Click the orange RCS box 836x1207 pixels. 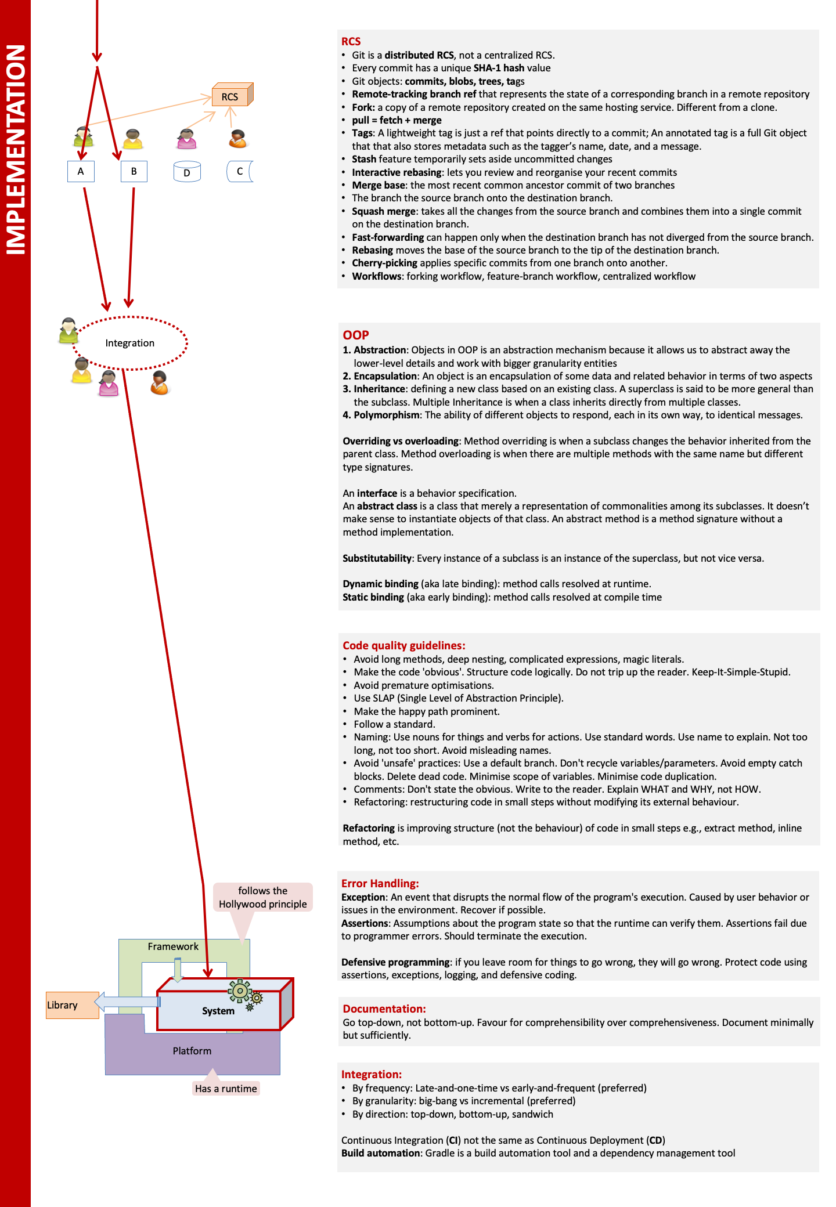[x=230, y=96]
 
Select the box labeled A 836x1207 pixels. [x=81, y=171]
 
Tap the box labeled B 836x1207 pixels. [x=134, y=171]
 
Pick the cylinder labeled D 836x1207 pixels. [x=187, y=172]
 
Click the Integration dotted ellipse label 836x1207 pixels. [x=130, y=343]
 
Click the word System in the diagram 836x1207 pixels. [x=218, y=1011]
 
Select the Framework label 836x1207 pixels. [x=173, y=946]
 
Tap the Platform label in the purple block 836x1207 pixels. [x=192, y=1051]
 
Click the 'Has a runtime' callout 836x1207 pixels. [x=226, y=1089]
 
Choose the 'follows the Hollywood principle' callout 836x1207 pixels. [x=263, y=897]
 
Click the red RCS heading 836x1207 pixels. [x=351, y=41]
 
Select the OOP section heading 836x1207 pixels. [x=356, y=335]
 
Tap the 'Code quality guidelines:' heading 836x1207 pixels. [x=404, y=645]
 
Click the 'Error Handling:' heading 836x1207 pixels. [x=380, y=883]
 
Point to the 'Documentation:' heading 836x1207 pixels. [x=384, y=1009]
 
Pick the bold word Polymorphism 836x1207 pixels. [x=387, y=415]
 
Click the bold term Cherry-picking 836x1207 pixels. [x=384, y=263]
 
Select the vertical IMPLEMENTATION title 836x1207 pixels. [x=16, y=150]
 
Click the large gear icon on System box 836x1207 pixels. [x=239, y=991]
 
